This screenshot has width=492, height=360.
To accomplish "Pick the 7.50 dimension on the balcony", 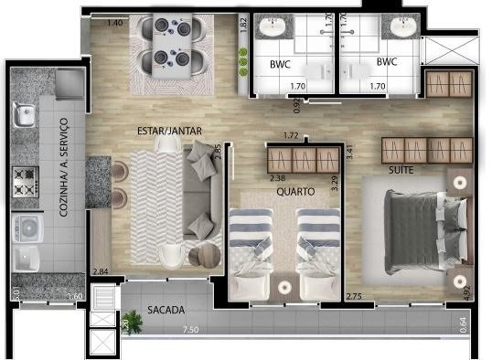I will [x=190, y=329].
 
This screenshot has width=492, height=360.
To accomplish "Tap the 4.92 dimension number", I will [x=466, y=291].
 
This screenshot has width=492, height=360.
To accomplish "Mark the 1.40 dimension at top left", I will [x=114, y=22].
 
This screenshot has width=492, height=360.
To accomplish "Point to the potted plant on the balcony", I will [x=132, y=321].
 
